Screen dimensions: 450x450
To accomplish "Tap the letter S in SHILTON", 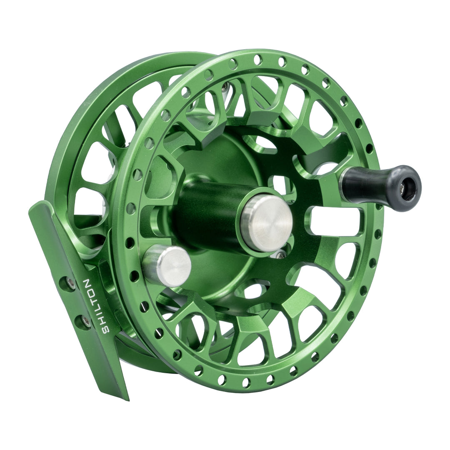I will click(106, 329).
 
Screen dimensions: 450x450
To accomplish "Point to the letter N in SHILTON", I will click(88, 284).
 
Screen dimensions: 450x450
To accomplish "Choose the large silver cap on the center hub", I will click(267, 223).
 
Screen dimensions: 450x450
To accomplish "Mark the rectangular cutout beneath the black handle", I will click(333, 221).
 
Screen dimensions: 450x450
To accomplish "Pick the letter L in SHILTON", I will click(97, 308).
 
